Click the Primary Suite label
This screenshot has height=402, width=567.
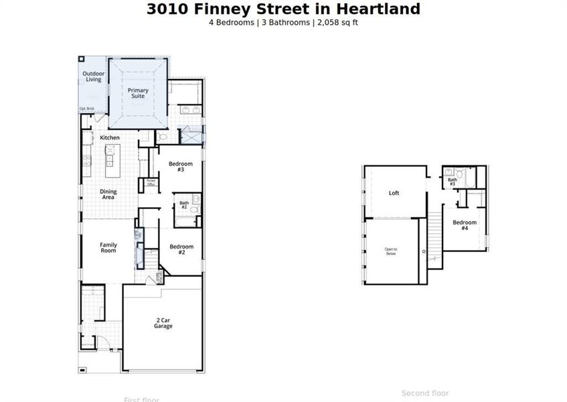138,92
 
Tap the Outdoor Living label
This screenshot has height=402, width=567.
93,76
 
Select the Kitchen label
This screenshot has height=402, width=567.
110,138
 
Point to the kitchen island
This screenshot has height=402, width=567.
110,159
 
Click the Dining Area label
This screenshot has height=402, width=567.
108,194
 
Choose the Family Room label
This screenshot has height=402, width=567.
108,247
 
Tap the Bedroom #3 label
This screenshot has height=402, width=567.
180,167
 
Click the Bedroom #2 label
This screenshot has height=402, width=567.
181,249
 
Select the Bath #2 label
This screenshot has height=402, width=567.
184,205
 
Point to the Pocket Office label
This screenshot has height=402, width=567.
151,182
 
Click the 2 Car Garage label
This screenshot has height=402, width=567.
163,323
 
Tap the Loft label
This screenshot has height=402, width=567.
394,193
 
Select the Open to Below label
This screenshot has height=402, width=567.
391,252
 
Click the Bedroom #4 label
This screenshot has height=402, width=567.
465,225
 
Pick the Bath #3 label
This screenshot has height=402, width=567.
453,181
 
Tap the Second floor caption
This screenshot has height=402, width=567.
425,393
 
